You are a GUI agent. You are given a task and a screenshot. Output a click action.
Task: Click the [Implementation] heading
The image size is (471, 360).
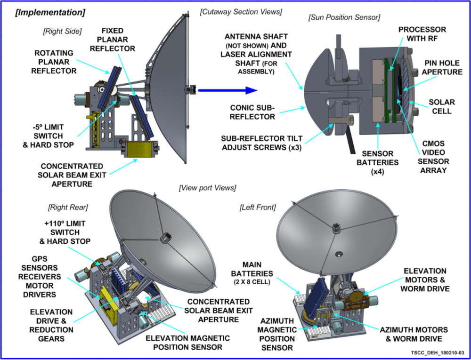coord(50,13)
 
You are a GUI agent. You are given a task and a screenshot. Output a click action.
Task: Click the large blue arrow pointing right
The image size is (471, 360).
coord(227,90)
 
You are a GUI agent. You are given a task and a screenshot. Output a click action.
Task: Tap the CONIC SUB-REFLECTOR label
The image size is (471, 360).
coord(252,112)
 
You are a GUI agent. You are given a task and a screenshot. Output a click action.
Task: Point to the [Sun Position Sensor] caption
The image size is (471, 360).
coord(344,18)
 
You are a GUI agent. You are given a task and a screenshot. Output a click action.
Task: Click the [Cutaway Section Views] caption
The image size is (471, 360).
coord(241,12)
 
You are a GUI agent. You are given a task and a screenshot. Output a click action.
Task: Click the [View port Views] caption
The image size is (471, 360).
coord(207,188)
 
